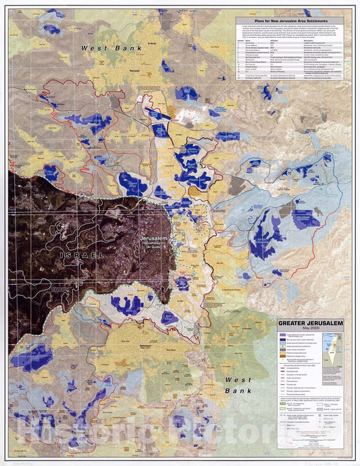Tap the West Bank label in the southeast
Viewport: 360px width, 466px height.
coord(238,385)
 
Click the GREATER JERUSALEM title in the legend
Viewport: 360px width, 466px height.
coord(309,323)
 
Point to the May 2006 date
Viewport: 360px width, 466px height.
coord(309,330)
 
